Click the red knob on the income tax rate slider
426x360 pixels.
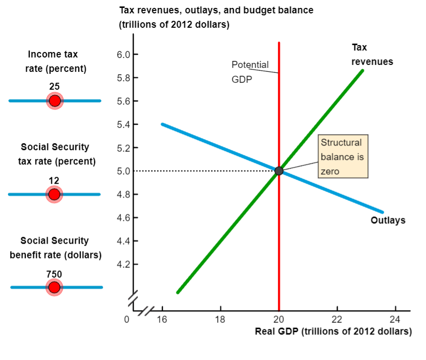[x=54, y=101]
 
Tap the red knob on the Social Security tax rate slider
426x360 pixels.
[x=54, y=194]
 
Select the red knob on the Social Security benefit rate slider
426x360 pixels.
[x=54, y=287]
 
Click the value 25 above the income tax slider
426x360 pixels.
[x=54, y=87]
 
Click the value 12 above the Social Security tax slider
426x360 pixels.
[x=54, y=180]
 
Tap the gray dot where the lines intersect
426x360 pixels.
[x=279, y=171]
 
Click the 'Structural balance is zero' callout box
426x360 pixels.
[x=343, y=157]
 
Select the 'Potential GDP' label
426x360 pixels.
[x=250, y=72]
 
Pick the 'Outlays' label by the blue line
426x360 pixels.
[x=388, y=220]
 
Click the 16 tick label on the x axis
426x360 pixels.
[x=162, y=319]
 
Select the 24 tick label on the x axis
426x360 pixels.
[x=395, y=319]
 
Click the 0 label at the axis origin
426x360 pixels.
[x=127, y=319]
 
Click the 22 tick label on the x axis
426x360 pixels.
[x=337, y=319]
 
